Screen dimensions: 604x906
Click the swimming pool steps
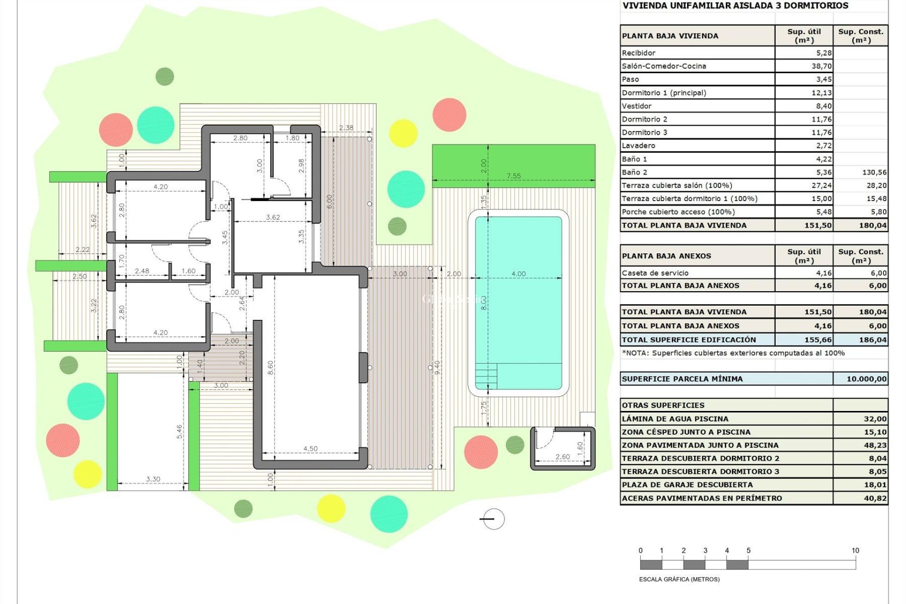pyautogui.click(x=486, y=376)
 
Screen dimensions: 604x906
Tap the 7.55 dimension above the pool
pyautogui.click(x=513, y=176)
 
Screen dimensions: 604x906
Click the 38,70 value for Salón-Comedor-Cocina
pyautogui.click(x=822, y=66)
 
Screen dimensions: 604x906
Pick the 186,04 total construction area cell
pyautogui.click(x=872, y=340)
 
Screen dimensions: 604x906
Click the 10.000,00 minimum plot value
pyautogui.click(x=866, y=379)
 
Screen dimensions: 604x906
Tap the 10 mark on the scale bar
pyautogui.click(x=855, y=551)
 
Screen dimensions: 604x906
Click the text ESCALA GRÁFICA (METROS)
pyautogui.click(x=679, y=579)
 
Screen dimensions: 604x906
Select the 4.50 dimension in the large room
pyautogui.click(x=310, y=449)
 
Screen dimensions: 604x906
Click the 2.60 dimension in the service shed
pyautogui.click(x=562, y=457)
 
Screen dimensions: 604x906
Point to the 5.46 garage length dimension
pyautogui.click(x=179, y=432)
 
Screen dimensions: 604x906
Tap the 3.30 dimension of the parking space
pyautogui.click(x=153, y=479)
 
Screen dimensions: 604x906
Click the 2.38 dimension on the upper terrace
pyautogui.click(x=346, y=128)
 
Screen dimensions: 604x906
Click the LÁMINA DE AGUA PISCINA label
pyautogui.click(x=675, y=419)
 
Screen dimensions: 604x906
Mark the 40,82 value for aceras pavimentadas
pyautogui.click(x=875, y=498)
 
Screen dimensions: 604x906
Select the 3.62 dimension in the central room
pyautogui.click(x=273, y=218)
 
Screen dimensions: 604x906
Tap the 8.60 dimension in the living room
pyautogui.click(x=270, y=368)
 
